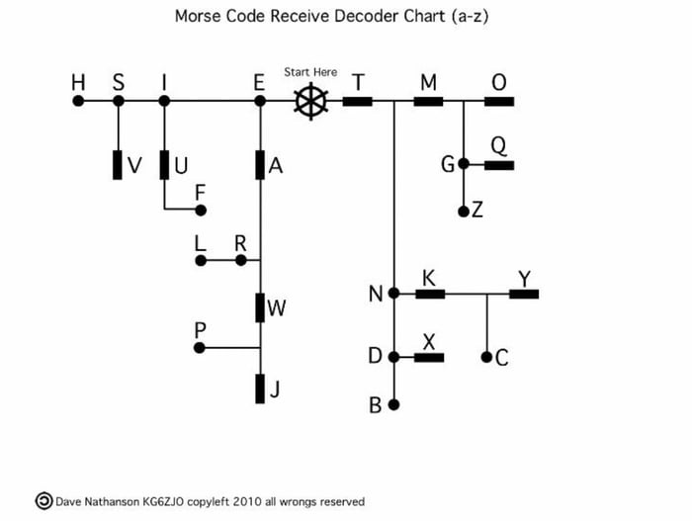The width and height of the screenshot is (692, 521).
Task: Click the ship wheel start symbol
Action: coord(310,101)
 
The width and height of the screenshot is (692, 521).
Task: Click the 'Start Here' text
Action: coord(310,72)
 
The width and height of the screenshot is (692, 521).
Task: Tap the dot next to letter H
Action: coord(78,101)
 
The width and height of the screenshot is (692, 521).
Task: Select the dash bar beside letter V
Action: coord(118,165)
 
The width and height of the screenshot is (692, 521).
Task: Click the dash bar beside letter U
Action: coord(164,165)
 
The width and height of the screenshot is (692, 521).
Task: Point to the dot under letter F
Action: coord(201,210)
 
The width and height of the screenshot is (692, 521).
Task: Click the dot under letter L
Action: coord(201,261)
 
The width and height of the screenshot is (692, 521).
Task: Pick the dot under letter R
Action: coord(240,261)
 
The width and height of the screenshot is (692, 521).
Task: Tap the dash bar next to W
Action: coord(260,307)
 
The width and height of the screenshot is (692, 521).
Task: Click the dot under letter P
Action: coord(201,348)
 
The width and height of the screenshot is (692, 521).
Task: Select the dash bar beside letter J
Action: coord(260,389)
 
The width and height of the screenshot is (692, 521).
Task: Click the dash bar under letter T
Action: coord(357,101)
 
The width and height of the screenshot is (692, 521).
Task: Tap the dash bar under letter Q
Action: coord(498,165)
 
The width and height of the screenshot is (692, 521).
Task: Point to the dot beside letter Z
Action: coord(464,212)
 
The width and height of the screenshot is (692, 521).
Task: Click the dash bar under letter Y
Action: coord(524,294)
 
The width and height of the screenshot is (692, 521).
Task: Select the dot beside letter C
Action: coord(486,357)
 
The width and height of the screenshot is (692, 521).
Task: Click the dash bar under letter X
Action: coord(429,357)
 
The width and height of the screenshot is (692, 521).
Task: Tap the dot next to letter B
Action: coord(393,404)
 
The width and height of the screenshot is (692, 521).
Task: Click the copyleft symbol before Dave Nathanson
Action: coord(43,501)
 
